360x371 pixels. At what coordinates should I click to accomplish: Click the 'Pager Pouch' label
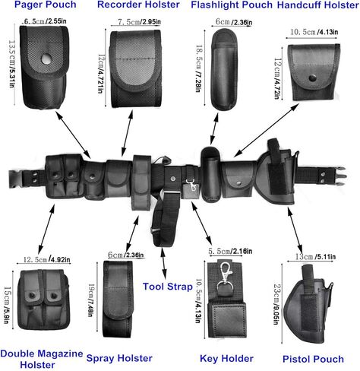(x=46, y=5)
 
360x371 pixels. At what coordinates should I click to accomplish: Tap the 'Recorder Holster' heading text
(x=138, y=5)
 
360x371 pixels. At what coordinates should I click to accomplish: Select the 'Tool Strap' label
(x=168, y=287)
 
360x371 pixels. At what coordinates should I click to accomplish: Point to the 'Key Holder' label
(x=226, y=359)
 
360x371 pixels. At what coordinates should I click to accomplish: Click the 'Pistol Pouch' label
(x=313, y=359)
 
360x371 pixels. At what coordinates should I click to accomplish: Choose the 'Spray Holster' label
(x=119, y=358)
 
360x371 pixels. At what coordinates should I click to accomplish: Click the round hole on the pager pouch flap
(x=46, y=59)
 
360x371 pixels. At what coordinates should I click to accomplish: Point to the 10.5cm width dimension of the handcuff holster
(x=314, y=32)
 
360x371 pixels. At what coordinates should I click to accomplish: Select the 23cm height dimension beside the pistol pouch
(x=276, y=304)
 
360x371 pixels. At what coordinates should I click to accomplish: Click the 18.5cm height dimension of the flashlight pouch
(x=199, y=68)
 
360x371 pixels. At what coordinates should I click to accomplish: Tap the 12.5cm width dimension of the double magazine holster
(x=46, y=259)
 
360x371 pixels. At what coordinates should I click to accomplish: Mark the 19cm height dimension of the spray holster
(x=91, y=300)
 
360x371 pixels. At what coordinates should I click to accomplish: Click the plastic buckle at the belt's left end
(x=15, y=179)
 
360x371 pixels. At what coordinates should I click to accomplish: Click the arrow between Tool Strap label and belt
(x=163, y=263)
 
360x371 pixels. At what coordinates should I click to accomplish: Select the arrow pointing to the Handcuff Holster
(x=266, y=131)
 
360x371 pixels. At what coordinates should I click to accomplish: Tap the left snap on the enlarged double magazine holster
(x=32, y=296)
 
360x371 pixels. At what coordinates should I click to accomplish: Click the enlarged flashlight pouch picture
(x=224, y=70)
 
